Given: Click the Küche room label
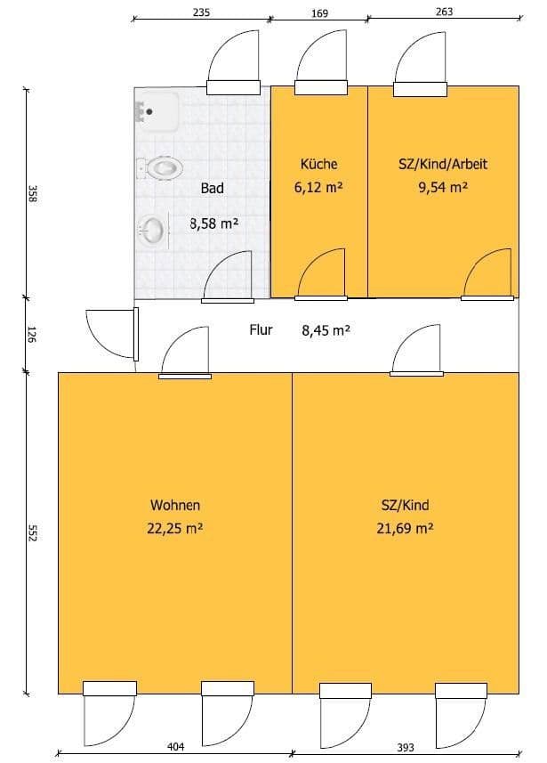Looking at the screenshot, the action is click(319, 164).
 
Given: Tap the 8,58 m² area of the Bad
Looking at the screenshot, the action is click(213, 223).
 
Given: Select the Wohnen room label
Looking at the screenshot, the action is click(175, 505).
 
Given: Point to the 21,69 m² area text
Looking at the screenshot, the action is click(405, 528).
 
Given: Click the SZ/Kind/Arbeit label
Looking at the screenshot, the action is click(443, 164).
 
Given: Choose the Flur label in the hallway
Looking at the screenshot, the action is click(261, 330).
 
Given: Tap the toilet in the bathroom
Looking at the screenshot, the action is click(160, 168).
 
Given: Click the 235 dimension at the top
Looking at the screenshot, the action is click(201, 12).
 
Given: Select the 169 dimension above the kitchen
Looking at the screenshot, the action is click(319, 13).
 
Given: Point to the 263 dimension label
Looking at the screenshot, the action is click(445, 12).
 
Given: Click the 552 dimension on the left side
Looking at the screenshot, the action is click(32, 532).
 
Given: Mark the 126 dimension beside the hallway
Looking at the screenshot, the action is click(31, 335).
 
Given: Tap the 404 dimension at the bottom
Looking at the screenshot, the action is click(175, 746).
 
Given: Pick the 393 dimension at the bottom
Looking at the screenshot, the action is click(406, 748).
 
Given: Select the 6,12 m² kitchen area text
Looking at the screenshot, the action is click(318, 187).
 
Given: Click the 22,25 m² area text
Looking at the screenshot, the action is click(175, 528).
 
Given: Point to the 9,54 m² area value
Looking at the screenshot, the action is click(443, 187).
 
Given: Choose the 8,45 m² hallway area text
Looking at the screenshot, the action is click(326, 330).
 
